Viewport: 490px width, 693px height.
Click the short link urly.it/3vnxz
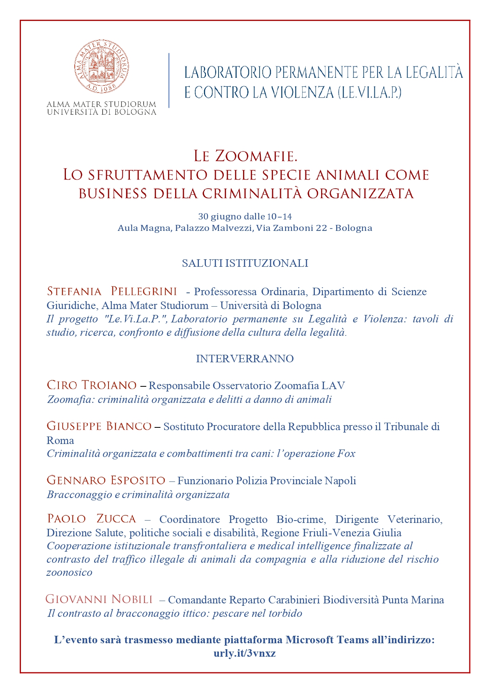pyautogui.click(x=245, y=653)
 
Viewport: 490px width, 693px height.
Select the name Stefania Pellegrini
pyautogui.click(x=112, y=291)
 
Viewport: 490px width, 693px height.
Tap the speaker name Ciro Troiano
pyautogui.click(x=92, y=385)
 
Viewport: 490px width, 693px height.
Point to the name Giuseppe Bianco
pyautogui.click(x=99, y=426)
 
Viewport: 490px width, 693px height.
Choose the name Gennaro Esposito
pyautogui.click(x=106, y=480)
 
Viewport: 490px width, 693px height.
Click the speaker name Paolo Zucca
pyautogui.click(x=92, y=519)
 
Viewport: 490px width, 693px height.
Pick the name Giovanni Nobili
pyautogui.click(x=99, y=599)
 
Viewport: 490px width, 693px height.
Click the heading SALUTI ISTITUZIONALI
pyautogui.click(x=245, y=263)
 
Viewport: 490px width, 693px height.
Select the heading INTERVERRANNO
pyautogui.click(x=245, y=358)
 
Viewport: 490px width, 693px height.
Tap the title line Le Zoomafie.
pyautogui.click(x=245, y=156)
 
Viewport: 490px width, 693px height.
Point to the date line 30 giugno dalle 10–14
pyautogui.click(x=245, y=216)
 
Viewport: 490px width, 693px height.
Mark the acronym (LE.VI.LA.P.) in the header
pyautogui.click(x=369, y=92)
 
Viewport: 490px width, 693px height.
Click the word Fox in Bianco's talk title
pyautogui.click(x=346, y=453)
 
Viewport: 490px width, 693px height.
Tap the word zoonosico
pyautogui.click(x=69, y=573)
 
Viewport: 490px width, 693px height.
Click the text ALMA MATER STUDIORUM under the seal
pyautogui.click(x=101, y=105)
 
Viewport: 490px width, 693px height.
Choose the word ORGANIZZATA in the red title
pyautogui.click(x=360, y=193)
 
